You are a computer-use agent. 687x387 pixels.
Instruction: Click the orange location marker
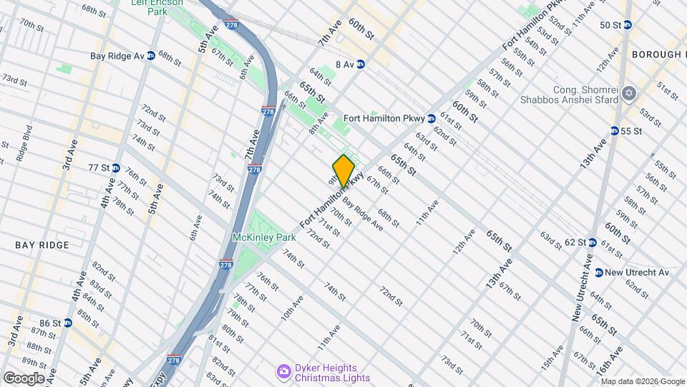[343, 171]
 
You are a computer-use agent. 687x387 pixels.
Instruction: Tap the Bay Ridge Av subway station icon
[151, 55]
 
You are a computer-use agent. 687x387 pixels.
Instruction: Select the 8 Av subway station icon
[361, 64]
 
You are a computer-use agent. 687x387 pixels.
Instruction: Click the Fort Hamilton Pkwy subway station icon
[432, 118]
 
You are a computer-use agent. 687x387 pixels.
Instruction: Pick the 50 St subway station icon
[628, 25]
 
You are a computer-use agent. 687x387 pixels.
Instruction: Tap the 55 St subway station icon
[615, 130]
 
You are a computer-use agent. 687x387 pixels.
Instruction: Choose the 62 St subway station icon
[592, 242]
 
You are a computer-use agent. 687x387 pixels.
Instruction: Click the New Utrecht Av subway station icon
[598, 272]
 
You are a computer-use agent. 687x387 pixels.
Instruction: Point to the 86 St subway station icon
[68, 322]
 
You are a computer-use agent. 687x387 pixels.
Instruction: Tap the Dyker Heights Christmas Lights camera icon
[283, 371]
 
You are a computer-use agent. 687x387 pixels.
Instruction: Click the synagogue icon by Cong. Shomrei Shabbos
[630, 94]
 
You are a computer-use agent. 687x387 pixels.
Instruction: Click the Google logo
[24, 378]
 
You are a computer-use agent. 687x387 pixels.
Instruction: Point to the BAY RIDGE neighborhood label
[42, 245]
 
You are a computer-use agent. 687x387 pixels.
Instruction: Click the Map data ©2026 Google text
[643, 381]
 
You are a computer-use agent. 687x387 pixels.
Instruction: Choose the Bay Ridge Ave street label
[362, 214]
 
